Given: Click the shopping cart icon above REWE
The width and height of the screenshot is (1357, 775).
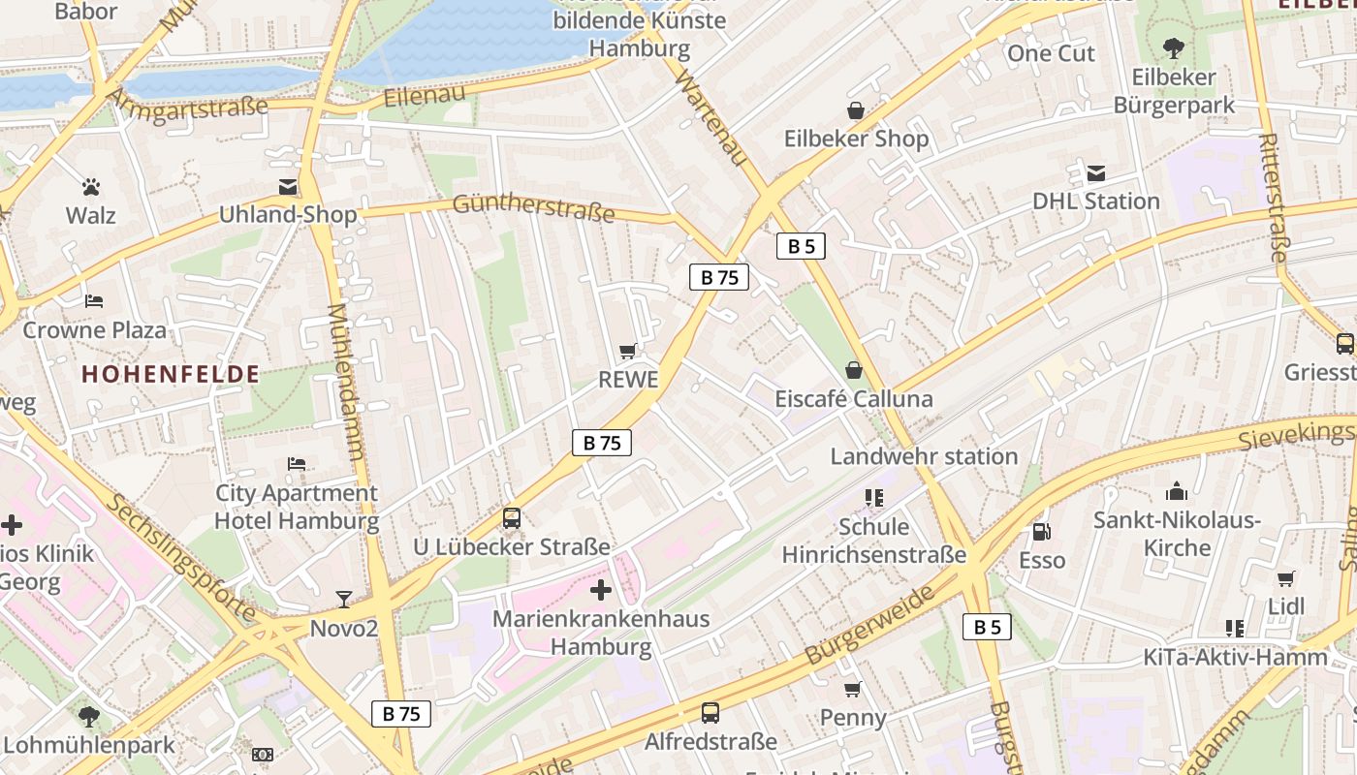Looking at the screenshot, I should tap(628, 352).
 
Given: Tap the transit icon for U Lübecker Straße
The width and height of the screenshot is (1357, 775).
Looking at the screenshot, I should tap(512, 518).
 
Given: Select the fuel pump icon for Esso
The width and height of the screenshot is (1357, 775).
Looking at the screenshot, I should tap(1041, 532).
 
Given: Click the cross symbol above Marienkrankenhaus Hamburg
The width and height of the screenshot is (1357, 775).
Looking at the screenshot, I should tap(601, 589).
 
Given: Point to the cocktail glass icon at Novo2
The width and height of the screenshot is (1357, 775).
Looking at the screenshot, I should tap(343, 599).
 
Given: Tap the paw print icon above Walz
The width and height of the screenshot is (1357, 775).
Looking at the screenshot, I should tap(91, 186).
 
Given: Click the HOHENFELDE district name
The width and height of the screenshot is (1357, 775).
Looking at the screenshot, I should tap(171, 374).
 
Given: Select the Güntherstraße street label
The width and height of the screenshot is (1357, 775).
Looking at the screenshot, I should tap(533, 207).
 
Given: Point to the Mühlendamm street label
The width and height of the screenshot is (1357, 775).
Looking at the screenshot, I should tap(346, 382).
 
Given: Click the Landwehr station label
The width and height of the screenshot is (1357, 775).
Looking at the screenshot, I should tap(924, 456).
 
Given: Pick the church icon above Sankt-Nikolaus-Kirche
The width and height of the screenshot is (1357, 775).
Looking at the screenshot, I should tap(1177, 491).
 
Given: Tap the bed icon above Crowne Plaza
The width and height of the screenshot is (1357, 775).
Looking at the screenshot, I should tap(94, 301).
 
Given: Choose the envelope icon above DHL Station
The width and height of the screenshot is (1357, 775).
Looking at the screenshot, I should tap(1096, 173).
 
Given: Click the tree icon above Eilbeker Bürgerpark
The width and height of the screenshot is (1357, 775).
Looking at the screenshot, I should tap(1174, 47).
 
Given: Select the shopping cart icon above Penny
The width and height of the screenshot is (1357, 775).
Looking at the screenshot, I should tap(852, 689).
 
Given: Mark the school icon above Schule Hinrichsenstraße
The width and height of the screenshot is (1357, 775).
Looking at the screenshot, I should tap(874, 498).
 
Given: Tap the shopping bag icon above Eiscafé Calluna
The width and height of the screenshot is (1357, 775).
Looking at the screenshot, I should tap(854, 370).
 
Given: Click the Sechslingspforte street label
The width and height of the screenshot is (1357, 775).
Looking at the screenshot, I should tap(178, 558).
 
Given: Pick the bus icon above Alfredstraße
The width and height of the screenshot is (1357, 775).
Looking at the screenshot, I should tap(710, 713).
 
